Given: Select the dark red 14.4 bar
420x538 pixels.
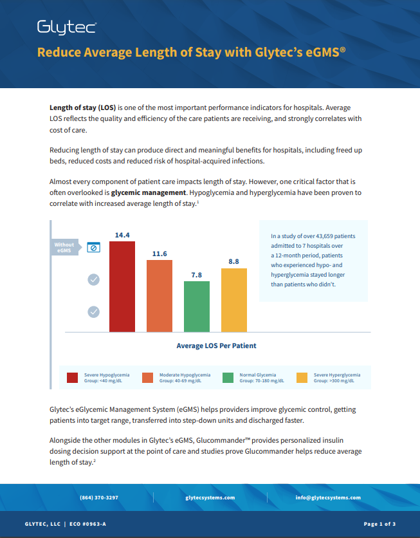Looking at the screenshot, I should point(122,286).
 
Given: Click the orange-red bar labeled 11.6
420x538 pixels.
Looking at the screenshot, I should point(160,295).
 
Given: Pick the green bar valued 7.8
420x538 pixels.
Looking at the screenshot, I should point(197,306).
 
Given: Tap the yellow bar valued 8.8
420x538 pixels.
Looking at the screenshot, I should point(234,300).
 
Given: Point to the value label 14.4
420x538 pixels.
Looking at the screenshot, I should point(122,236).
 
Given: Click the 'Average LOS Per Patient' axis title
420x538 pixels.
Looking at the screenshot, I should point(216,346).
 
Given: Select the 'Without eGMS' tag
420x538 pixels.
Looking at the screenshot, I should point(65,247).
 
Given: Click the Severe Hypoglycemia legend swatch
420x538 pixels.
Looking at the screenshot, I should point(73,378).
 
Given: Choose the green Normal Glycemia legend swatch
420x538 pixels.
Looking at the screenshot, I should point(228,378).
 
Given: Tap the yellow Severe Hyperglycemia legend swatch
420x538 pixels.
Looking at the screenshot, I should point(302,378).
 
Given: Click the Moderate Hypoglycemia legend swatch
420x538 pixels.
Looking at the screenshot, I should point(147,378).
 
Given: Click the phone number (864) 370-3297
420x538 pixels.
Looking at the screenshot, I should point(99,497).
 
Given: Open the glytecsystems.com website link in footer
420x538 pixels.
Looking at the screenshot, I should point(210,497).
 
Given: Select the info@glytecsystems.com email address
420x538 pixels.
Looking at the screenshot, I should point(328,497).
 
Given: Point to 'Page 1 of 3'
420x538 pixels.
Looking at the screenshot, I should point(379,524).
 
